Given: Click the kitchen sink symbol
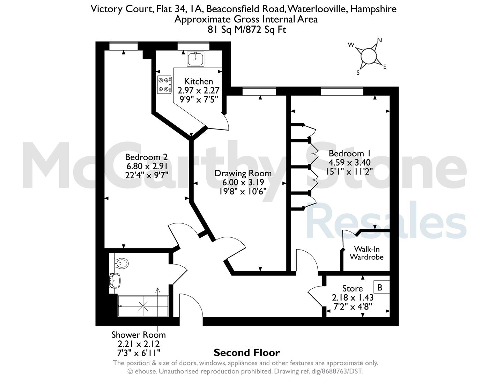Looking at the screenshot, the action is tap(195, 59).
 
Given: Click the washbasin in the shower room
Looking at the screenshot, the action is tap(115, 280).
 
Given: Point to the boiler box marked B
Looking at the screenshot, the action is tap(382, 287).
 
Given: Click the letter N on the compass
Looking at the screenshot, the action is tap(379, 40).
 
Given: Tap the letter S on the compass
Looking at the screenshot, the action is tap(358, 73).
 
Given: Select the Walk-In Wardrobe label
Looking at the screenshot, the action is tap(367, 253).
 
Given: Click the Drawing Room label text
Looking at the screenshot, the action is tap(243, 173).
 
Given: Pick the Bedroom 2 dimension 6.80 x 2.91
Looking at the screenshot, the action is tap(147, 166).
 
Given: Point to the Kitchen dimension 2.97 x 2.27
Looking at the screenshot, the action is tap(198, 90).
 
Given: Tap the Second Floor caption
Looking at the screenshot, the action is tap(246, 353).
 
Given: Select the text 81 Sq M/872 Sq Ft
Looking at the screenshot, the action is tap(246, 30).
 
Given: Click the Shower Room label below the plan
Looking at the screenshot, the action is tap(139, 335).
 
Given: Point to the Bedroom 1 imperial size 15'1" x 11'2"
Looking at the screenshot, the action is tap(349, 171).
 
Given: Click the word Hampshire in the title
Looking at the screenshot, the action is tap(373, 9).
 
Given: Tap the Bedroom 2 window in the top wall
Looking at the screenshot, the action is tap(123, 46).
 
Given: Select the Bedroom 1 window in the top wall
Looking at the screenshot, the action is tap(342, 91).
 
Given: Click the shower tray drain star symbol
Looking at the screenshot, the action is tap(143, 306).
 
